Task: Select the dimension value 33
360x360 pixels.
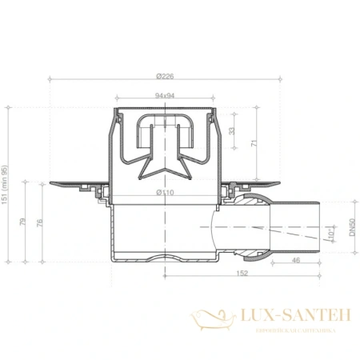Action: [233, 130]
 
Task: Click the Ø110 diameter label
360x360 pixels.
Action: [166, 192]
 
